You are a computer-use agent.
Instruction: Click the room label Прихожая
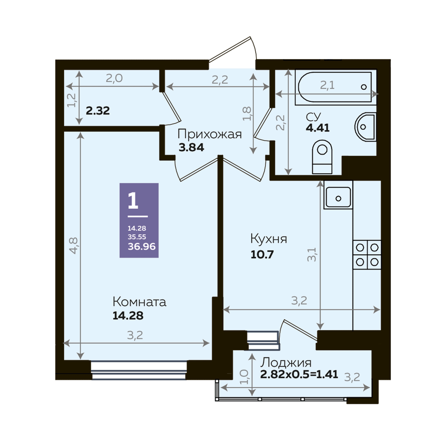(x=209, y=134)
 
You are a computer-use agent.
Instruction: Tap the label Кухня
(x=268, y=239)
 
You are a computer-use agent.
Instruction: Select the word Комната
(x=139, y=302)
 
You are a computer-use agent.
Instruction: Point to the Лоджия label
(x=286, y=363)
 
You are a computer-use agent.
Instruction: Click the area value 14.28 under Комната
(x=128, y=316)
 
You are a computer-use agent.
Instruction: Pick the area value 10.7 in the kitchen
(x=262, y=254)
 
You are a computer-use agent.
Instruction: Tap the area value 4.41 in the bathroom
(x=318, y=128)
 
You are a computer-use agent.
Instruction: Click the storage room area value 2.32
(x=98, y=111)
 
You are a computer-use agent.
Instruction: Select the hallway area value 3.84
(x=191, y=148)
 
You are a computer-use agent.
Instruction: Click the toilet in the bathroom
(x=322, y=157)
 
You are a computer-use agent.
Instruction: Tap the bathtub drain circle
(x=364, y=87)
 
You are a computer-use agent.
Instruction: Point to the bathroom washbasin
(x=365, y=127)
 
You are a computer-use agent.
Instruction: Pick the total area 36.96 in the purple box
(x=142, y=247)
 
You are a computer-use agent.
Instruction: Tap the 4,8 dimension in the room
(x=73, y=246)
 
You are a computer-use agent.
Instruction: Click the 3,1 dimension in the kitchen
(x=312, y=254)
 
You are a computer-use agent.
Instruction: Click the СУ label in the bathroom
(x=314, y=117)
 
